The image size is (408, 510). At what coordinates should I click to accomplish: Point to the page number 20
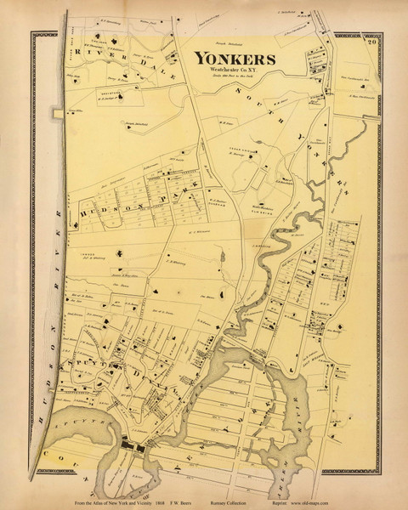pos(371,39)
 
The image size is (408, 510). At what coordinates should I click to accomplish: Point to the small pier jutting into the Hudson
pos(57,112)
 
